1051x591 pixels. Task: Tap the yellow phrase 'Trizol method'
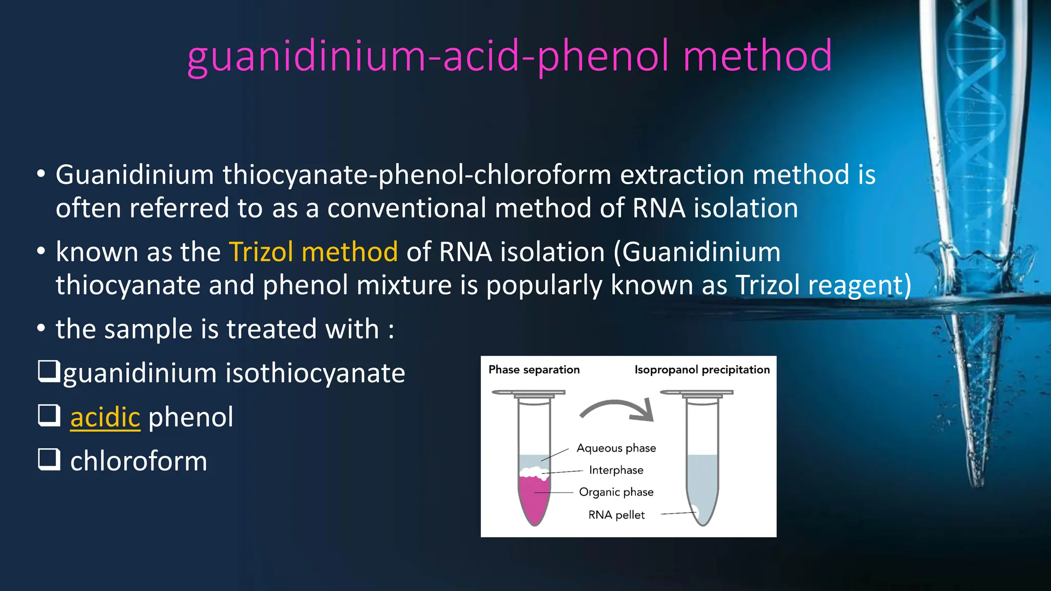tap(313, 252)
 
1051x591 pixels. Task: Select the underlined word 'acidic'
tap(105, 417)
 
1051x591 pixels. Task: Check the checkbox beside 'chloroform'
tap(49, 459)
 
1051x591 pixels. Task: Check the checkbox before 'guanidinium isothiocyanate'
tap(49, 371)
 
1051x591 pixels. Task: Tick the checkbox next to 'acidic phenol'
tap(49, 415)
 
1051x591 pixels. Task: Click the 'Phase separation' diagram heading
tap(534, 370)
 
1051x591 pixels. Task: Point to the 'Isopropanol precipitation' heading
tap(702, 370)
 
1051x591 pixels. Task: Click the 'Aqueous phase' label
tap(616, 448)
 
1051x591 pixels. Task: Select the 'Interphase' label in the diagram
tap(616, 470)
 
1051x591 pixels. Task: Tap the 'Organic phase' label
tap(616, 493)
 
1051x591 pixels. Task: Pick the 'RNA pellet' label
tap(616, 515)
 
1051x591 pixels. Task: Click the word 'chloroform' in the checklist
tap(139, 461)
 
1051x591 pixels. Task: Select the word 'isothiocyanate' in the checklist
tap(315, 373)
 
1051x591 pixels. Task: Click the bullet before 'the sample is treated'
tap(41, 328)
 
